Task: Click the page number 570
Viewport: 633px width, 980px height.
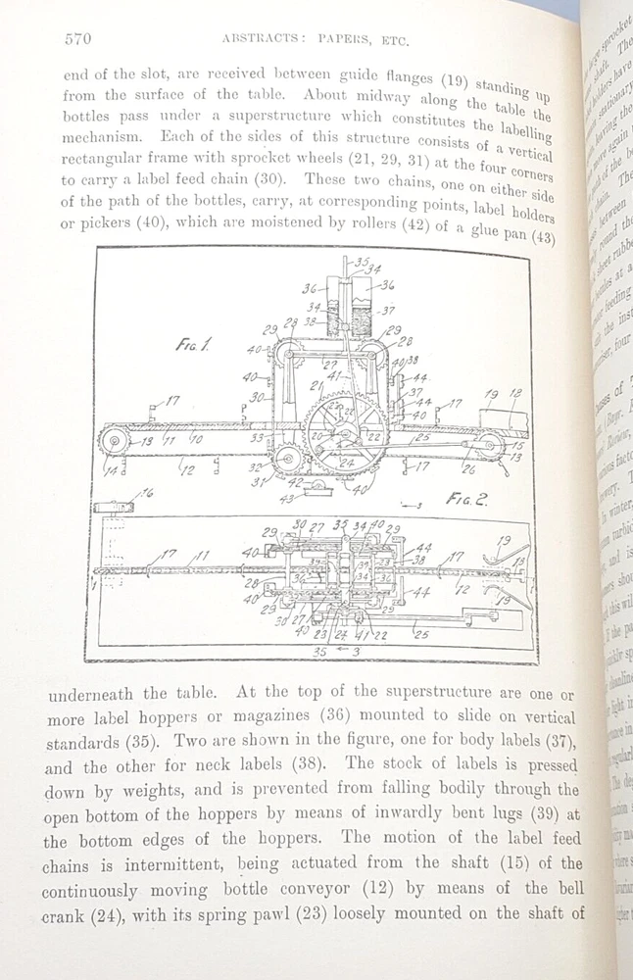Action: (x=78, y=38)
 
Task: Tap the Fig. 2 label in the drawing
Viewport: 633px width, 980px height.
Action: (x=466, y=498)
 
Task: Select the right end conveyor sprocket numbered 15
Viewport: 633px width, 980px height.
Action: (x=489, y=445)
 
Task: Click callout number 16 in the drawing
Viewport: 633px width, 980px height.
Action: (x=147, y=493)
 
